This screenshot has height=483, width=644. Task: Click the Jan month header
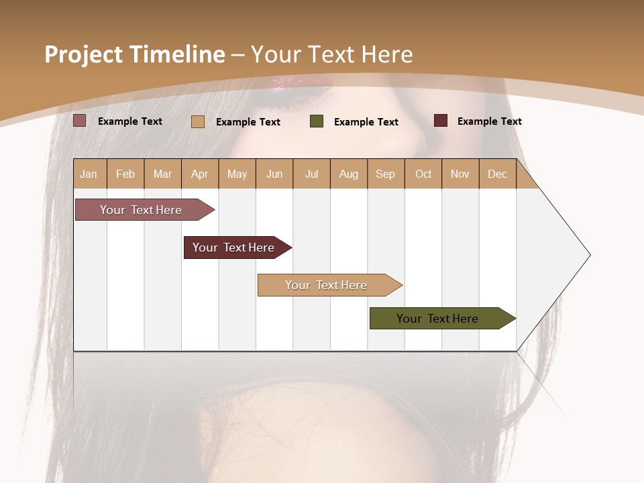click(89, 174)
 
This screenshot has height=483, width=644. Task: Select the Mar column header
click(162, 174)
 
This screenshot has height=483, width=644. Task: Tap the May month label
click(237, 174)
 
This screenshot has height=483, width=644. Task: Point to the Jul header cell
click(311, 174)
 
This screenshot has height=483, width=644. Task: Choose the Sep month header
click(385, 174)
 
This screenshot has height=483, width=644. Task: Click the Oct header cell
click(423, 174)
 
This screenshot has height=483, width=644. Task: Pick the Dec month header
click(497, 174)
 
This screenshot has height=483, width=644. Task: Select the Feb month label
click(125, 174)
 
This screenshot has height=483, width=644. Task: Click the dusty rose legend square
click(79, 121)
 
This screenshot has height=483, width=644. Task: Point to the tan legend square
click(198, 121)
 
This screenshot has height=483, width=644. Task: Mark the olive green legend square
click(317, 121)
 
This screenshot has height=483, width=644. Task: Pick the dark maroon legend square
click(440, 121)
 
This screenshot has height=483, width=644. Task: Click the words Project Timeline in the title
click(134, 54)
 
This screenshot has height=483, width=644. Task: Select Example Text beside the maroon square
click(489, 121)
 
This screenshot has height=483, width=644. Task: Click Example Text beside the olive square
click(366, 122)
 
